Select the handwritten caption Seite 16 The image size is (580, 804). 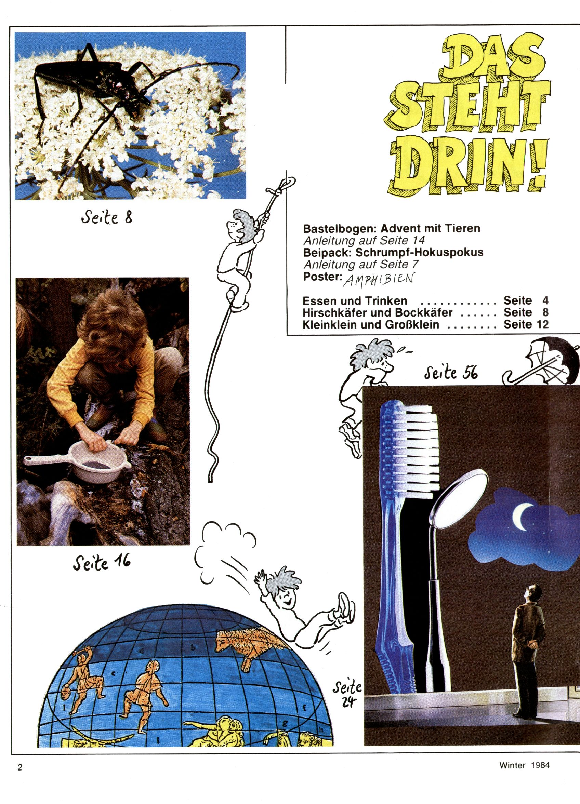(x=102, y=563)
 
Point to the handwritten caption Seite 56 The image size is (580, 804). (x=451, y=372)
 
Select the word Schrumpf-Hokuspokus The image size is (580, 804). (x=419, y=252)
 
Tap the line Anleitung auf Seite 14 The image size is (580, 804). (x=364, y=240)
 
